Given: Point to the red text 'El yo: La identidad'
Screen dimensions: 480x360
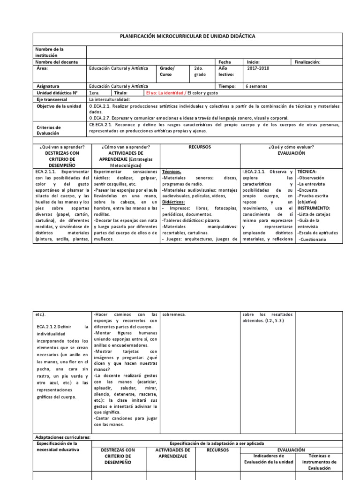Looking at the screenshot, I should point(165,93).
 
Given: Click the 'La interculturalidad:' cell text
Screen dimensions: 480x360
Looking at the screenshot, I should point(109,99).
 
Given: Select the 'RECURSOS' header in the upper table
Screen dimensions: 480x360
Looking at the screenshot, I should point(200,147).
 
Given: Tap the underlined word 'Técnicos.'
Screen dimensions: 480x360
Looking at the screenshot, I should point(172,172).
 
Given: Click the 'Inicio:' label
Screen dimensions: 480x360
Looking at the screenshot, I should point(254,62).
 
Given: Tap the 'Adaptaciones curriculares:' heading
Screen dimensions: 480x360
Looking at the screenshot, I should point(62,436).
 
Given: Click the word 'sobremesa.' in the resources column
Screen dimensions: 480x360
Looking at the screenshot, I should point(173,314).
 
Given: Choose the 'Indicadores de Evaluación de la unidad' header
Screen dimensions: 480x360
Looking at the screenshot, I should point(268,458).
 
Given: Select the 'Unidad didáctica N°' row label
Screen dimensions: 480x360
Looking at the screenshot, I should point(57,93).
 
